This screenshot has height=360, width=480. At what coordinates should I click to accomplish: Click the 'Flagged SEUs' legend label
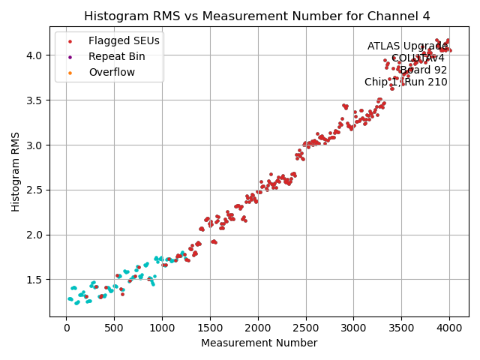tap(116, 40)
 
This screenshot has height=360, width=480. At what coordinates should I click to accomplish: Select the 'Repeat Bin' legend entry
tap(116, 56)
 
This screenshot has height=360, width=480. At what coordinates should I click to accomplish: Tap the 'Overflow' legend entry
tap(112, 72)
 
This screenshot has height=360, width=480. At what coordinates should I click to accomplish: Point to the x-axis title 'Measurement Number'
tap(259, 343)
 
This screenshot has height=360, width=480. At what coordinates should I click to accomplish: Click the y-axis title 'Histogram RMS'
tap(16, 172)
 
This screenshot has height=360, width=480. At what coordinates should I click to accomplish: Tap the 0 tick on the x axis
tap(66, 328)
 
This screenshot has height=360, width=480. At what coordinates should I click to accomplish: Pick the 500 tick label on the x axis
tap(114, 328)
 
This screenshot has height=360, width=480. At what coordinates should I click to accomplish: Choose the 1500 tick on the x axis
tap(210, 328)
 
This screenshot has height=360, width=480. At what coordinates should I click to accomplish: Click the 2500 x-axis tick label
tap(305, 328)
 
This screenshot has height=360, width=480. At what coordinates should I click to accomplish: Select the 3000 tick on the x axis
tap(353, 328)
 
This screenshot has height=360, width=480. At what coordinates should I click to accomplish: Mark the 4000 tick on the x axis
tap(449, 328)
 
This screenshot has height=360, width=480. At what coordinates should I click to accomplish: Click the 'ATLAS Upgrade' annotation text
tap(407, 46)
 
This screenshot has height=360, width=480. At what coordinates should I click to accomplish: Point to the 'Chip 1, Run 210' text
tap(406, 82)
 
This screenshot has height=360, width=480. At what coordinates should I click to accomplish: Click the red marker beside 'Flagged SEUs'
tap(70, 40)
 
